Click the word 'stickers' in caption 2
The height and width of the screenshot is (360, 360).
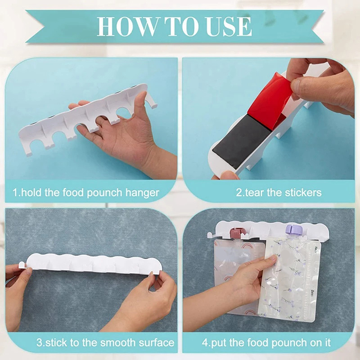pyautogui.click(x=303, y=193)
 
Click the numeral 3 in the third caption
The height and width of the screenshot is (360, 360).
pyautogui.click(x=39, y=342)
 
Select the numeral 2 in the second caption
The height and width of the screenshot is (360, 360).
pyautogui.click(x=239, y=193)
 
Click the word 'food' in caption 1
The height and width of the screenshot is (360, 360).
pyautogui.click(x=73, y=193)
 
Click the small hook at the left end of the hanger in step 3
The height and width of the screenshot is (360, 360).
pyautogui.click(x=22, y=265)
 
